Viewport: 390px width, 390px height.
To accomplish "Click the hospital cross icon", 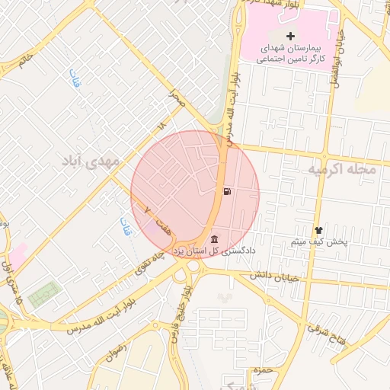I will pos(290,36).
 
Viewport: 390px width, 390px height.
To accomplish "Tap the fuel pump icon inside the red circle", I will pos(227,191).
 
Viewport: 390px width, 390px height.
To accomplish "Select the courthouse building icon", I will pos(214,240).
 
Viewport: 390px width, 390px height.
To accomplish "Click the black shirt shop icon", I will pos(318,230).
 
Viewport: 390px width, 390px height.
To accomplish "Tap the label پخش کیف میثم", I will pos(318,241).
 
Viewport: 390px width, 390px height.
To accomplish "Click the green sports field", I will pos(45,294).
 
